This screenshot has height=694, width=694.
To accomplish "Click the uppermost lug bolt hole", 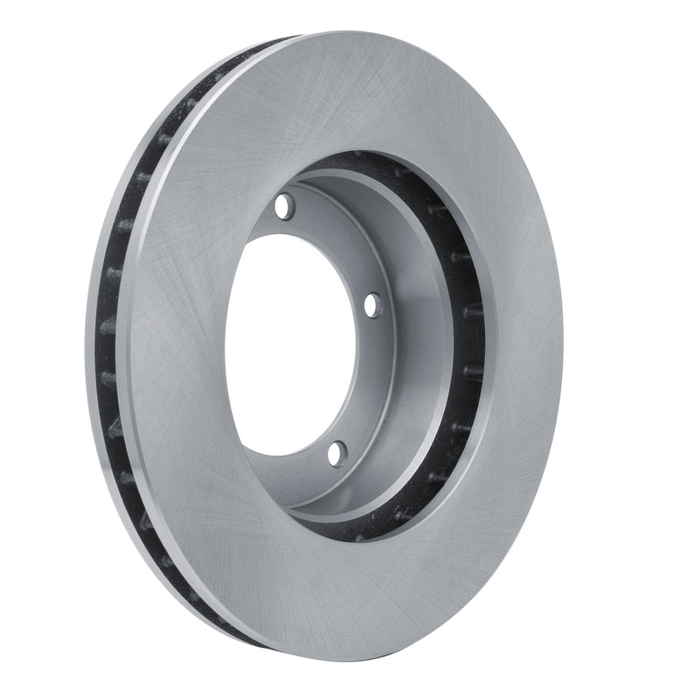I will tap(284, 207).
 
